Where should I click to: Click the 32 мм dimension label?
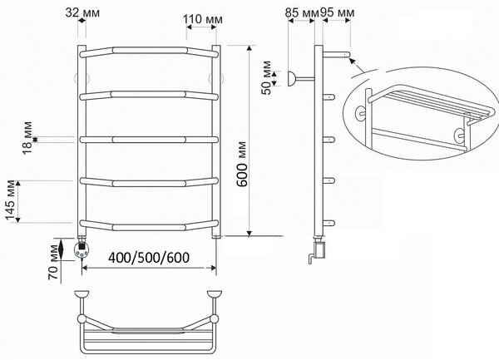(82, 12)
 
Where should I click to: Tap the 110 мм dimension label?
(203, 19)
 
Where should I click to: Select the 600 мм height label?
(242, 164)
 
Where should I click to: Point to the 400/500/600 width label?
(149, 258)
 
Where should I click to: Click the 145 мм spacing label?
(11, 200)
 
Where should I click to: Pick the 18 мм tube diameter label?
(27, 137)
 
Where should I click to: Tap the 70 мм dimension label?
(53, 263)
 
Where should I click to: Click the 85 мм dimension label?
(302, 12)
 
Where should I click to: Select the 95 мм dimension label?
(337, 12)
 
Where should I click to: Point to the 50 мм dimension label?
(267, 77)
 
